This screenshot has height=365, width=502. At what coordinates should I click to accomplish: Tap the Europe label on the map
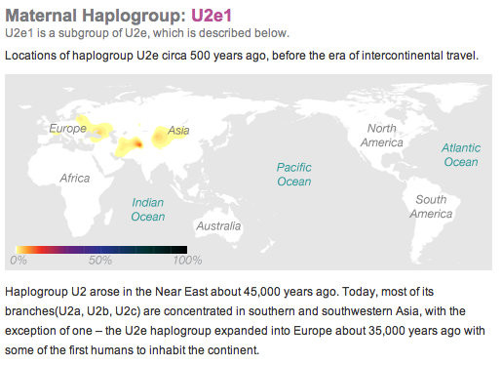67,129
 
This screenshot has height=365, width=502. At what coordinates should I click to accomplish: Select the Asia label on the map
178,130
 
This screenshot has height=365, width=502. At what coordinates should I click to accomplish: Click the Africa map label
75,179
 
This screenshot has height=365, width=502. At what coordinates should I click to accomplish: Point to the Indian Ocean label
148,209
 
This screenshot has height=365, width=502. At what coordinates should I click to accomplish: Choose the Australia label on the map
218,226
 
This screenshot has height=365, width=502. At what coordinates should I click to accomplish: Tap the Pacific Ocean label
293,174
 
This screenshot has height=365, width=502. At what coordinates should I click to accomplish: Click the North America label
380,136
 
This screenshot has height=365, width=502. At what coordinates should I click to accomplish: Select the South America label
429,206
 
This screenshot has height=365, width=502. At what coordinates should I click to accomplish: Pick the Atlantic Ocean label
460,154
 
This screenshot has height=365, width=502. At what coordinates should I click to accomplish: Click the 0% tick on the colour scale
18,261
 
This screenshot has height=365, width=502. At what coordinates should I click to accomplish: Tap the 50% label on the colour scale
100,261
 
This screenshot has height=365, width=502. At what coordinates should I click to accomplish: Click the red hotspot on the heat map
136,144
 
